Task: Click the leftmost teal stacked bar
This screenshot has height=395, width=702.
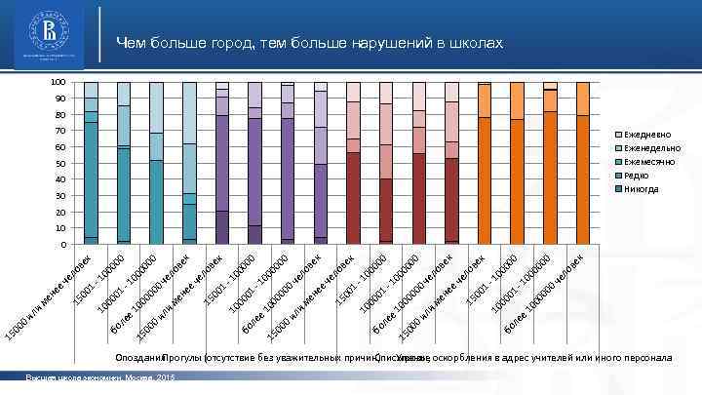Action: pyautogui.click(x=92, y=163)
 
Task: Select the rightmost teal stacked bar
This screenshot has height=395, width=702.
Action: pyautogui.click(x=189, y=163)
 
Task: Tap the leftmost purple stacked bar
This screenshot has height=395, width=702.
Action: pyautogui.click(x=222, y=163)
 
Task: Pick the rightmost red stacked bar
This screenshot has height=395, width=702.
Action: pyautogui.click(x=451, y=163)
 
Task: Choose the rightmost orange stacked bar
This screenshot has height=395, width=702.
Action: pyautogui.click(x=583, y=163)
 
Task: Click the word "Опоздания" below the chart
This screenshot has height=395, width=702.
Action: pyautogui.click(x=139, y=358)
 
